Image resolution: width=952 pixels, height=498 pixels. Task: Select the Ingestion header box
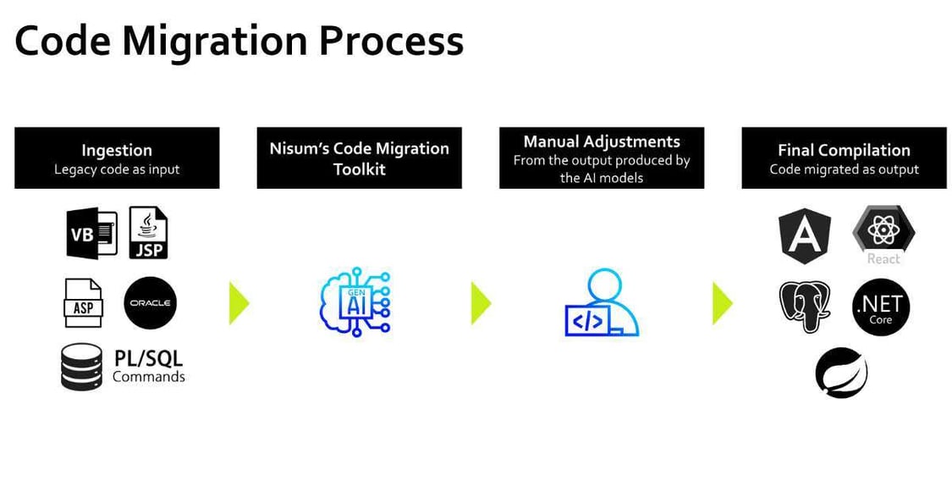[x=117, y=158]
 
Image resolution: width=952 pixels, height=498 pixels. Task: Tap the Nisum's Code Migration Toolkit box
[x=359, y=158]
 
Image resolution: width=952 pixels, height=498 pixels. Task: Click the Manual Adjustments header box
[x=601, y=158]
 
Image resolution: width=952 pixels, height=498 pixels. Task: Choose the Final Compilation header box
[x=844, y=158]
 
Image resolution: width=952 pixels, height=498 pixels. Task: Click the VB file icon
[x=91, y=233]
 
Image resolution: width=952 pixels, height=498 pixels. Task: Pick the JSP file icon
[x=148, y=233]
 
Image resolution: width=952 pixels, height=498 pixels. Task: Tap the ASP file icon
[x=83, y=303]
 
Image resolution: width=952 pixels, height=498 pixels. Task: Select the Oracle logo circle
[x=150, y=302]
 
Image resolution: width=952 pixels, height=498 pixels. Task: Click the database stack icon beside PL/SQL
[x=81, y=367]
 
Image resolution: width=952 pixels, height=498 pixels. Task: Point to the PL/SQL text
[x=149, y=359]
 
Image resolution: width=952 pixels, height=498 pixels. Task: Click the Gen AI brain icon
[x=355, y=304]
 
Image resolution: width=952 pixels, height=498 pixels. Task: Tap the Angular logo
[x=804, y=236]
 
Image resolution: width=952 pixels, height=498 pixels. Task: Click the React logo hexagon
[x=883, y=230]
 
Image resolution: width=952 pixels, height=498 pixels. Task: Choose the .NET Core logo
[x=880, y=310]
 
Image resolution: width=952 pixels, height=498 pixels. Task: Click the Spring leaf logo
[x=841, y=373]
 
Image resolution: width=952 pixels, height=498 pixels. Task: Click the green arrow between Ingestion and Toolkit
[x=239, y=303]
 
